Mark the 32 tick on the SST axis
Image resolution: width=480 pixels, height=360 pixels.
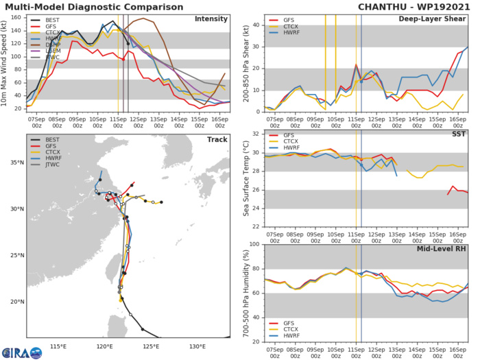point(258,134)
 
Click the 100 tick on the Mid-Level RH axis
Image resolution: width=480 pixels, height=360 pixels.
point(256,245)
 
